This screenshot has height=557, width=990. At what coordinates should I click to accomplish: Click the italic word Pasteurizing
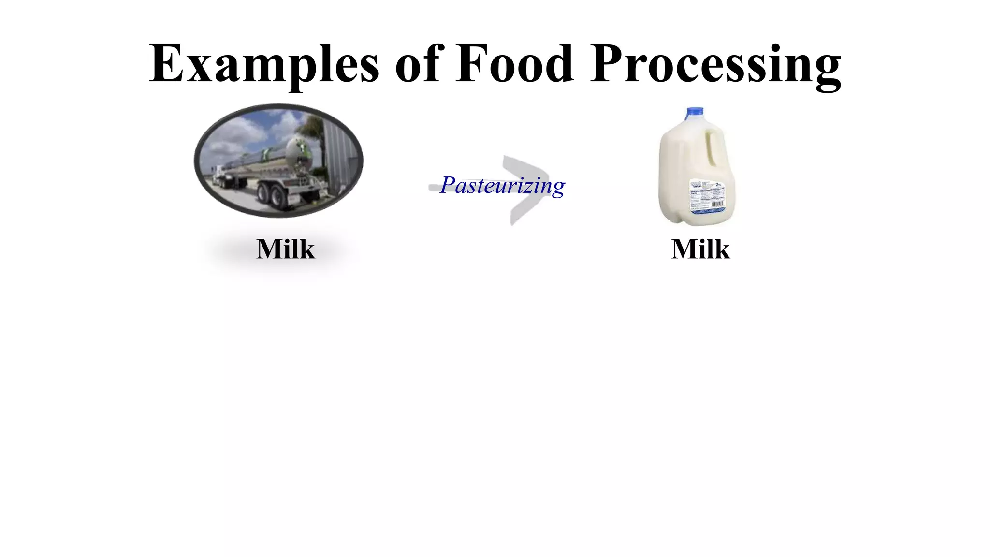click(503, 186)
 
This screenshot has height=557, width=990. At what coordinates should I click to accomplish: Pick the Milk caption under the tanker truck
click(285, 249)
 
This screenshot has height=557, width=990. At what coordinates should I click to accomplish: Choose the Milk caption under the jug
click(700, 249)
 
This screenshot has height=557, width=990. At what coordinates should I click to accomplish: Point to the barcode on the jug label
click(717, 204)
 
